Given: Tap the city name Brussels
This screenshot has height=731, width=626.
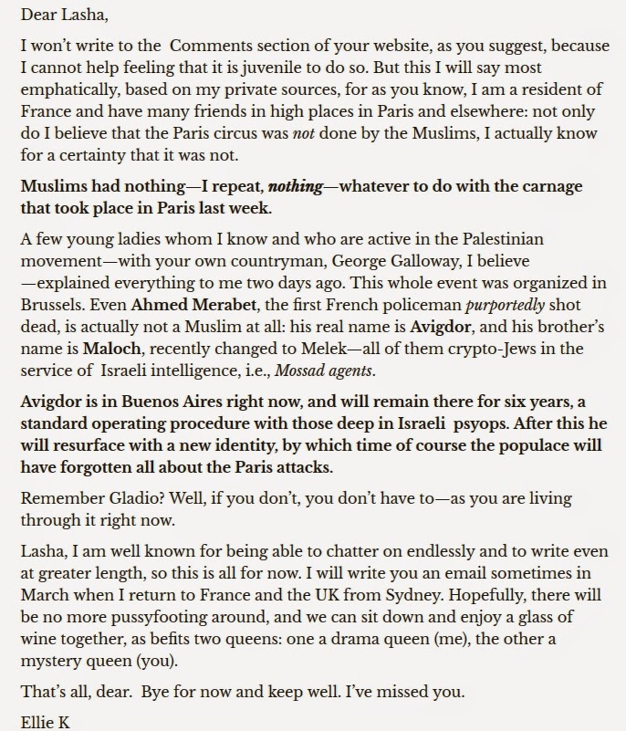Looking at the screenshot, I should point(56,305).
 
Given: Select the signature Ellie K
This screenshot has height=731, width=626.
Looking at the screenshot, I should point(46,723).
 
